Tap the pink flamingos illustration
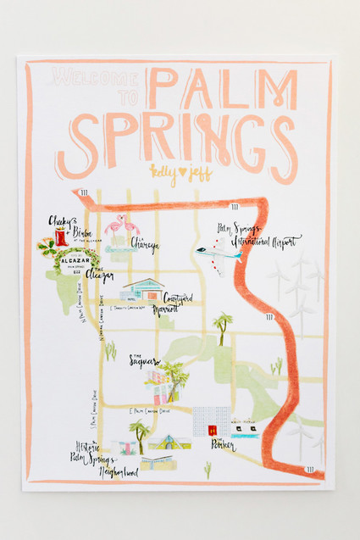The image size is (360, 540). (121, 228)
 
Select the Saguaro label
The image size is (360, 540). (145, 361)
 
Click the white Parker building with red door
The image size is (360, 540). (210, 420)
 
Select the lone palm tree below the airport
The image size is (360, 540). (224, 326)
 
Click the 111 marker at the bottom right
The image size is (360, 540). (310, 468)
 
